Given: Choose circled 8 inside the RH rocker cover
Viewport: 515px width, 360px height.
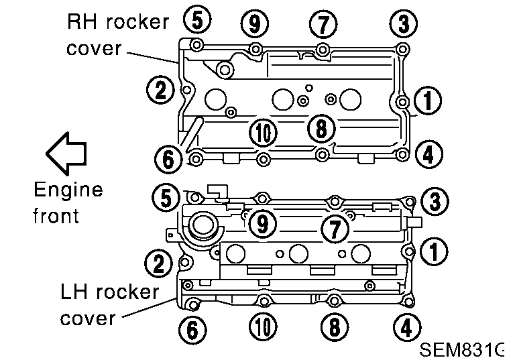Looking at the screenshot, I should point(321,127).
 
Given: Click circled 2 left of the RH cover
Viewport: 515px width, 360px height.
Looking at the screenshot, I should point(160,91).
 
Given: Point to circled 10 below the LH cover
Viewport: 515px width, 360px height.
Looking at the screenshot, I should point(263,326).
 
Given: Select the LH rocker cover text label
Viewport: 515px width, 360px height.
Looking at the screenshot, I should point(109,304).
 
